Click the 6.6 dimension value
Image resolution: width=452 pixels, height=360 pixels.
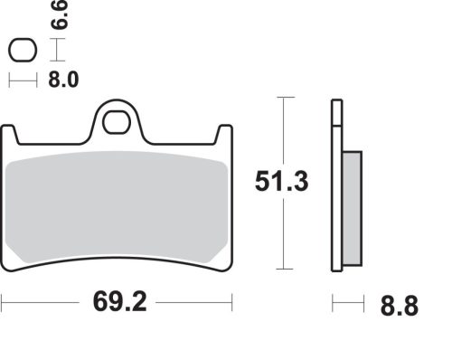(60, 14)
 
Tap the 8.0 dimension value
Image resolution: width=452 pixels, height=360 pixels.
(62, 80)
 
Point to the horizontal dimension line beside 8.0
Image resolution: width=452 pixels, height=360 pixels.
(23, 81)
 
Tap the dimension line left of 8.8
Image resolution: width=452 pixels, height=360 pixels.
(347, 304)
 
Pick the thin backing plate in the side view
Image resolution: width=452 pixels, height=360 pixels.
(336, 199)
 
